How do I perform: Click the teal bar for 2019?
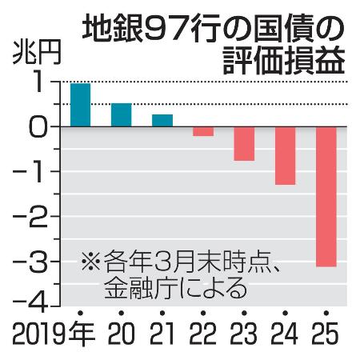click(x=80, y=105)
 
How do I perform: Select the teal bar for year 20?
click(x=121, y=115)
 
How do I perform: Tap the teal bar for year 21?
click(x=162, y=121)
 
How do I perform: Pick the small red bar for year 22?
click(x=203, y=131)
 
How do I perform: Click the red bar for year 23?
click(x=244, y=144)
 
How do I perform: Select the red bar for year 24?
click(x=285, y=156)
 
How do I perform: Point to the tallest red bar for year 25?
click(x=326, y=197)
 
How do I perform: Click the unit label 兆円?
click(x=30, y=58)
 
